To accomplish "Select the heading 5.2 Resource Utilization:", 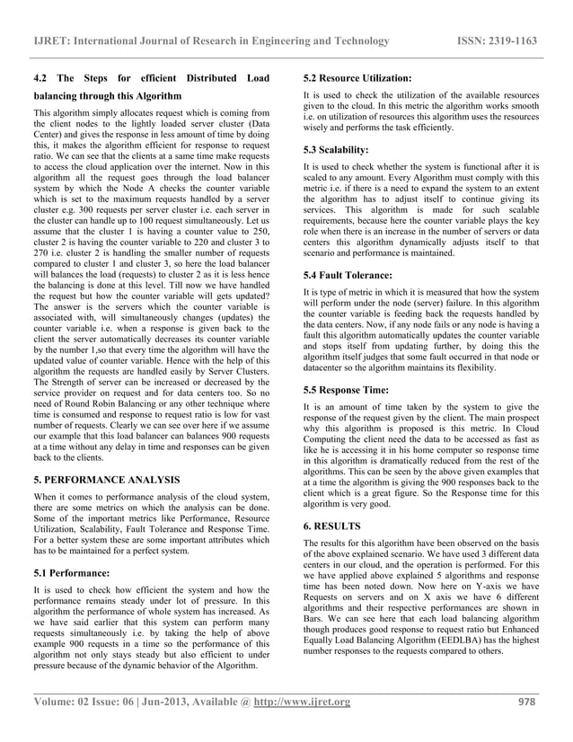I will [x=357, y=78].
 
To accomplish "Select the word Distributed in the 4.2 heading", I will [x=203, y=78].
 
